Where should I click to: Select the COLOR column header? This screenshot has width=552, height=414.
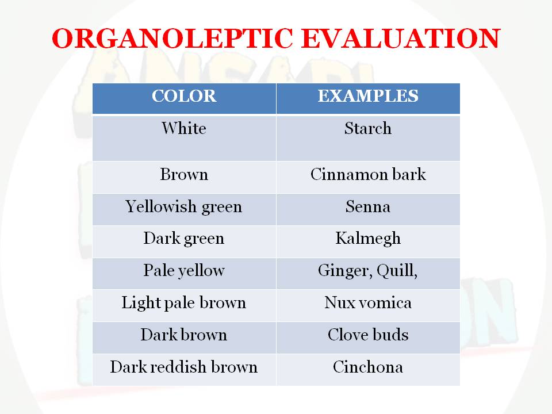click(x=184, y=96)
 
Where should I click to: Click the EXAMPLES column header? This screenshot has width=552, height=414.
click(x=368, y=96)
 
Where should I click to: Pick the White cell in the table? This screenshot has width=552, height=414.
click(x=184, y=128)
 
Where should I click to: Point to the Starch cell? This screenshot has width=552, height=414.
click(x=368, y=128)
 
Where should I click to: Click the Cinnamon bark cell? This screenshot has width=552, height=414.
click(x=368, y=175)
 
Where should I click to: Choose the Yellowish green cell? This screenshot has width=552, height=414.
click(x=184, y=207)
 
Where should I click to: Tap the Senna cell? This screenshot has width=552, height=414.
click(x=368, y=207)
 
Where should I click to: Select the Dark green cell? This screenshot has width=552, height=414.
click(x=184, y=239)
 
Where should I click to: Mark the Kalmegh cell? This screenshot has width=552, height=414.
click(x=368, y=239)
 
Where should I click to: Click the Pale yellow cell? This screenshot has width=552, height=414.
click(x=184, y=271)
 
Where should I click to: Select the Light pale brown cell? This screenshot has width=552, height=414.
click(x=184, y=303)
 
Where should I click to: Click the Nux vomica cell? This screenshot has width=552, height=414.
click(x=368, y=303)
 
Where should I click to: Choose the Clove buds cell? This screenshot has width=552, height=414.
click(x=368, y=335)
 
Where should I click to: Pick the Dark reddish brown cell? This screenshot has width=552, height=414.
click(x=184, y=367)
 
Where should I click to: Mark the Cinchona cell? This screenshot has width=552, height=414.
click(x=368, y=367)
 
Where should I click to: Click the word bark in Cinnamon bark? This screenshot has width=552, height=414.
click(x=409, y=175)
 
